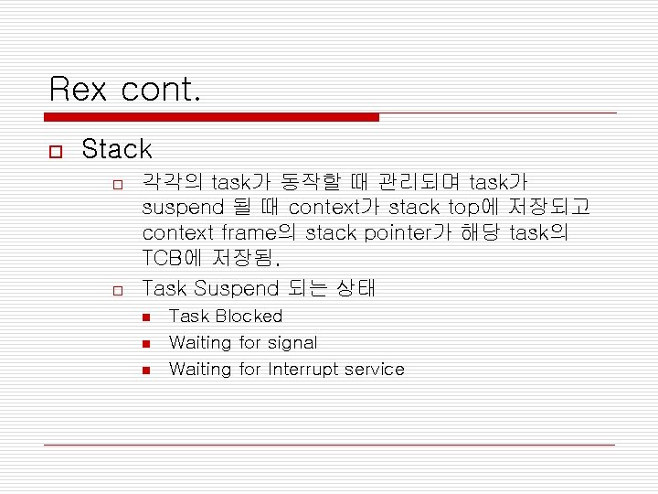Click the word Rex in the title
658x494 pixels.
click(78, 89)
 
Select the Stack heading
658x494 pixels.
click(117, 149)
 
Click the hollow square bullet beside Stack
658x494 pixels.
click(57, 150)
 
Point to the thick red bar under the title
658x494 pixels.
click(211, 117)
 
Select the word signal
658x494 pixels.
click(292, 343)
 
